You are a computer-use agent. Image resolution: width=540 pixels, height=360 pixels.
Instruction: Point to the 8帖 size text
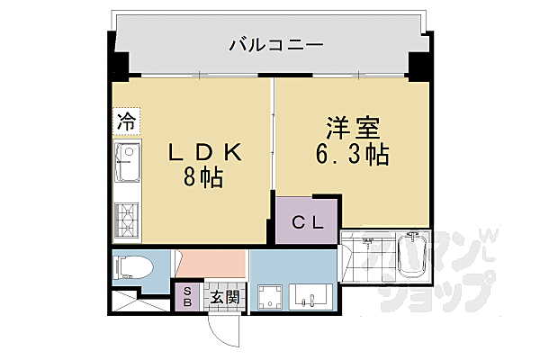[x=206, y=176]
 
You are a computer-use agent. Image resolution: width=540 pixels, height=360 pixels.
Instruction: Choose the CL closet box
[x=307, y=220]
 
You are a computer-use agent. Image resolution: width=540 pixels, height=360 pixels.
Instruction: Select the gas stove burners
[x=127, y=220]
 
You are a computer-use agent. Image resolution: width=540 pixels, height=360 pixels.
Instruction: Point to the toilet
[x=133, y=267]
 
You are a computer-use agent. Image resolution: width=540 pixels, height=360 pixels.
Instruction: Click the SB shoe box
[x=188, y=298]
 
